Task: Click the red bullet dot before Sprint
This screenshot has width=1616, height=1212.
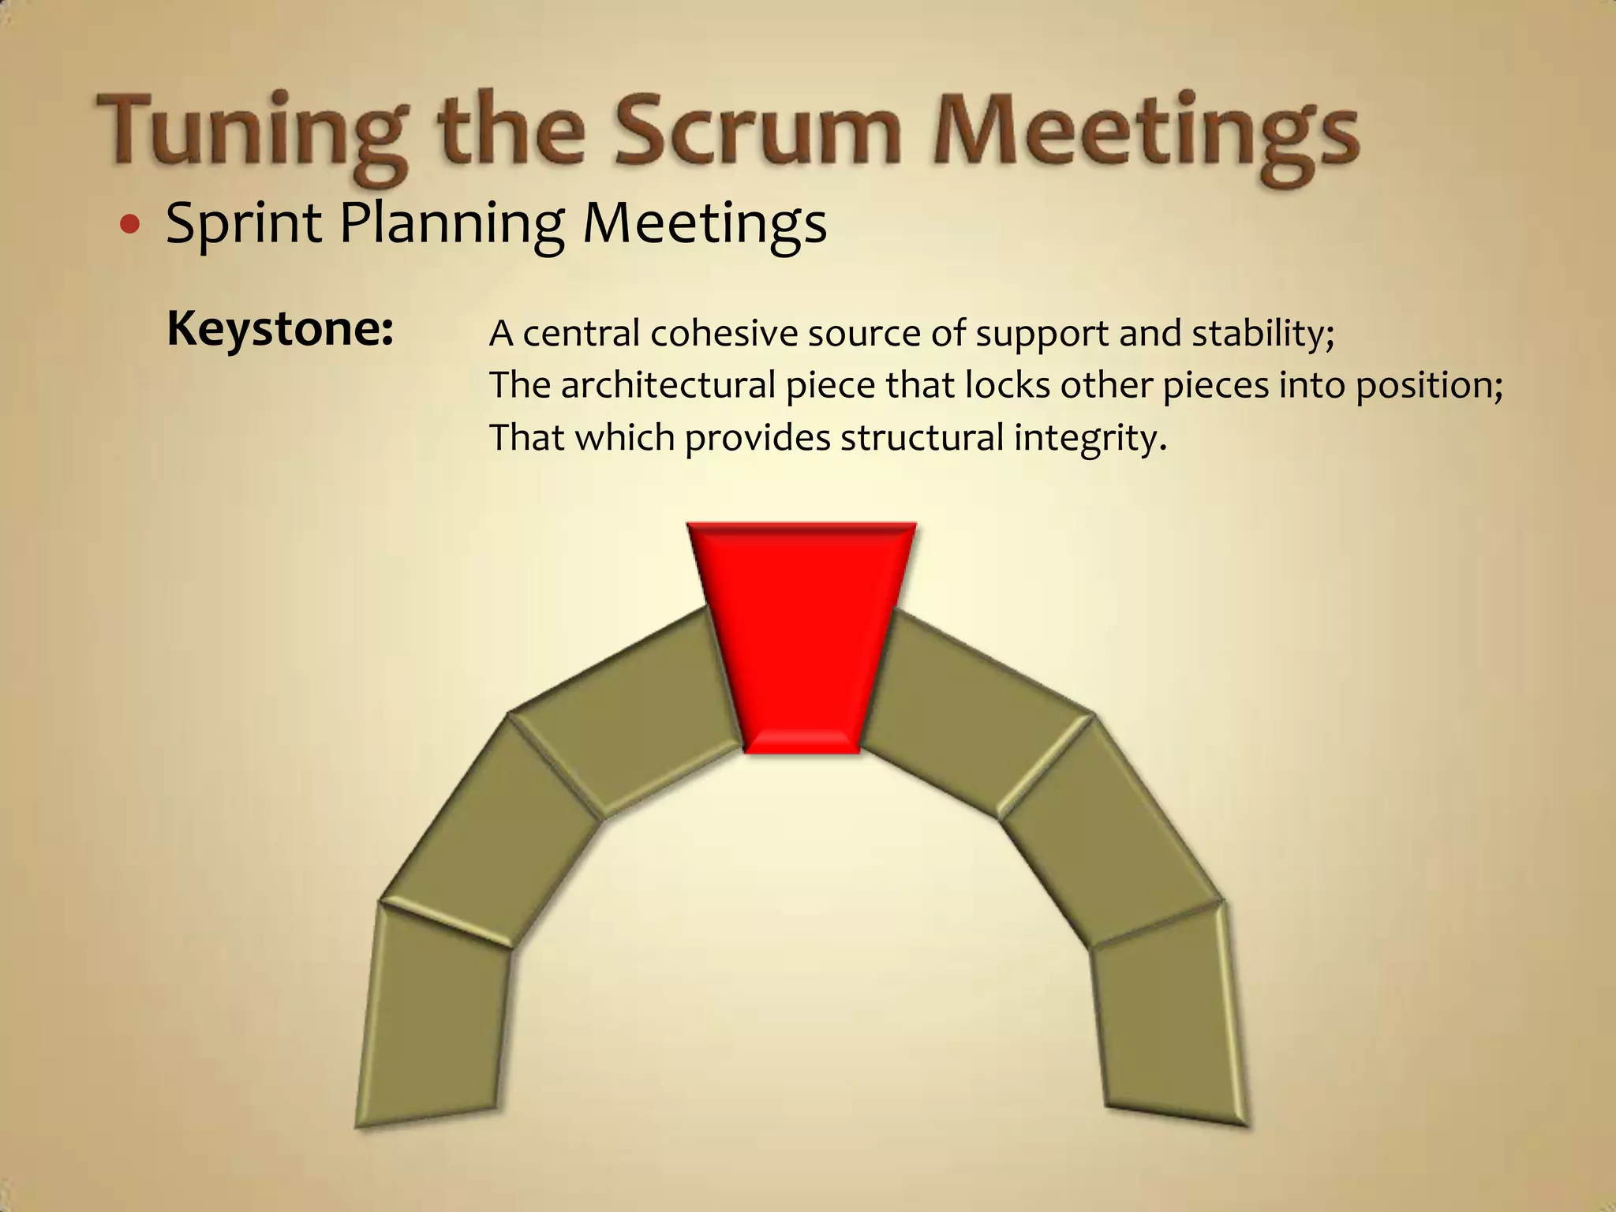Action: pyautogui.click(x=129, y=226)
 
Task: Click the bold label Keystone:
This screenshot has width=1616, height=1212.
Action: pyautogui.click(x=280, y=328)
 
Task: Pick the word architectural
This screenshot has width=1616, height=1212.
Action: pyautogui.click(x=668, y=386)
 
